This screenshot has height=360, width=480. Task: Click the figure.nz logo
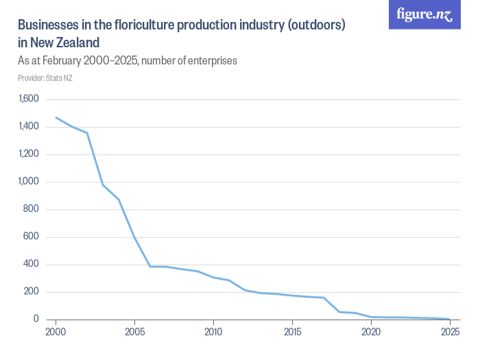[x=424, y=14]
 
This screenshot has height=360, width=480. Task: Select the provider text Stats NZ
[x=60, y=77]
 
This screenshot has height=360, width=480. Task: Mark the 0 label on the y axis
[x=36, y=319]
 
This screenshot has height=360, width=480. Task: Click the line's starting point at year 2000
[x=56, y=117]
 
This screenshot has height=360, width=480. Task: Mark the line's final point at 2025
[x=450, y=319]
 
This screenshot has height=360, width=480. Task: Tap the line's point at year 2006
[x=150, y=266]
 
